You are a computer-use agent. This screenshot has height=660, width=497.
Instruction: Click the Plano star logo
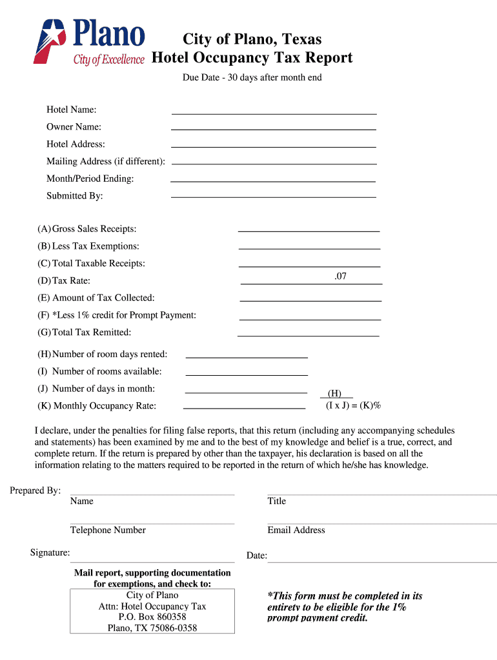coord(52,40)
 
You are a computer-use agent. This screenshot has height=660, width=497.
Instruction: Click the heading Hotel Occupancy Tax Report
coord(252,58)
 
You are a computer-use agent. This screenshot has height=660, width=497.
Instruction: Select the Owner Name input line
coord(274,128)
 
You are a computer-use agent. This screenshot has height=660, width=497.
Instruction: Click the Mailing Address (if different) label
coord(105,161)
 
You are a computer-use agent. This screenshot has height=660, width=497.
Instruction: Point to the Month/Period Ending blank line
coord(272,179)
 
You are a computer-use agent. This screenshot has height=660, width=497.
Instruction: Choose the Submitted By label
coord(74,196)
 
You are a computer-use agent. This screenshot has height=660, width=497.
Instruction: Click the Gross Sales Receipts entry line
coord(309,229)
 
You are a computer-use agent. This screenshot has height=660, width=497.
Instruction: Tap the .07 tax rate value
coord(340,277)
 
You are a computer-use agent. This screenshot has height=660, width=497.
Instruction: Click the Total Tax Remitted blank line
coord(308,333)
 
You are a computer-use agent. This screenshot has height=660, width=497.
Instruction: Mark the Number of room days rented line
coord(246,354)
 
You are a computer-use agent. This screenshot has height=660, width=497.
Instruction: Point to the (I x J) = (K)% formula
coord(353,405)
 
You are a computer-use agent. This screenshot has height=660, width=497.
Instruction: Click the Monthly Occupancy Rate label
coord(97,406)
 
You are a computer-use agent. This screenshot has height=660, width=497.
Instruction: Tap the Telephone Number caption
coord(108,530)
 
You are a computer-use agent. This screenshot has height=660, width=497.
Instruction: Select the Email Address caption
coord(296,530)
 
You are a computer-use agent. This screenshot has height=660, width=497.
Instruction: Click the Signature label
coord(50,552)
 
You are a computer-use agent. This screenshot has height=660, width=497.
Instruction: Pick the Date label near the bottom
coord(256,556)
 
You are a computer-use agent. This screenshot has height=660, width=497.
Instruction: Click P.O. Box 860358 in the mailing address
coord(152,617)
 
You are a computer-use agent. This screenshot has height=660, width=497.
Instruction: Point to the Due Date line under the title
coord(251,78)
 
